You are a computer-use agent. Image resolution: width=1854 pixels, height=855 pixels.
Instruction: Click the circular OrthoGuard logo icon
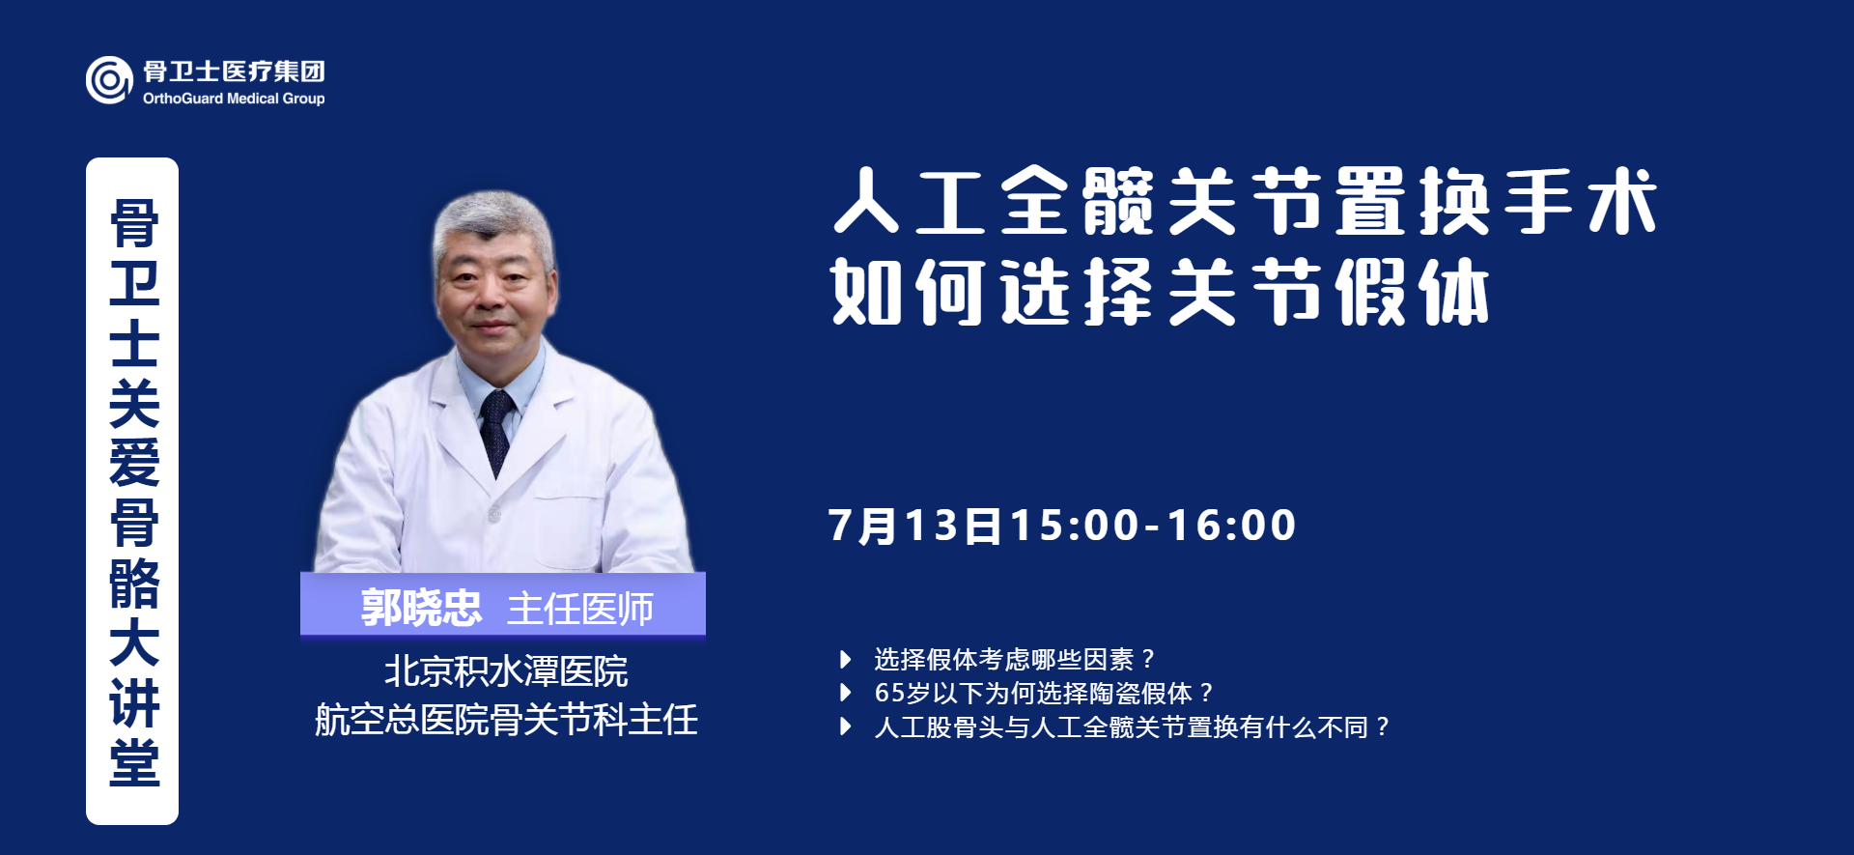[109, 80]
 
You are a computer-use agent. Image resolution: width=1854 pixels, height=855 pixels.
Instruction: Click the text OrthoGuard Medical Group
[234, 99]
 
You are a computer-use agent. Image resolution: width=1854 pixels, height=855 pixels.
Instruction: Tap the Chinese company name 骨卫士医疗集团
[234, 71]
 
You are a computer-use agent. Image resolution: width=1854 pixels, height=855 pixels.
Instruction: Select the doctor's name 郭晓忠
[421, 608]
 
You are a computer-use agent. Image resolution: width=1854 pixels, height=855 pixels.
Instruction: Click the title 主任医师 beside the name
[580, 609]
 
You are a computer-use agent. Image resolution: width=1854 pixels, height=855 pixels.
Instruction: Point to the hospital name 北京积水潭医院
[506, 671]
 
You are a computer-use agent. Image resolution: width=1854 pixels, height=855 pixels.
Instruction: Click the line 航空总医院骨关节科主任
[506, 720]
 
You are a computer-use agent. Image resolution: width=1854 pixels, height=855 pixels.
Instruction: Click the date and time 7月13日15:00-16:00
[1062, 526]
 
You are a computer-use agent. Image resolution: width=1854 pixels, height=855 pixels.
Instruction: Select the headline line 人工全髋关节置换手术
[1245, 201]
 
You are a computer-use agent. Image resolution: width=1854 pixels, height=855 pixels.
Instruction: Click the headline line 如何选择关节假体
[1160, 291]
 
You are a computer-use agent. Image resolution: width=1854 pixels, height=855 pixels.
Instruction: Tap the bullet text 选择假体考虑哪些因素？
[1015, 659]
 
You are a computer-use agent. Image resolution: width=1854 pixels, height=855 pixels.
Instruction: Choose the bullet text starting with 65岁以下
[1044, 693]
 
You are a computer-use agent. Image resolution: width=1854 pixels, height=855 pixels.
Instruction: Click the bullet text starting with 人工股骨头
[1132, 727]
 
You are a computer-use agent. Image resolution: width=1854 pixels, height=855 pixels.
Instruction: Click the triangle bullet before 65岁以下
[846, 693]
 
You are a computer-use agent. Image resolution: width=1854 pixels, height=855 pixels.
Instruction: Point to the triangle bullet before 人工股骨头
[846, 727]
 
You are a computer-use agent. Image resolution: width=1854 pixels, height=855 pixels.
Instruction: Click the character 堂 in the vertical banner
[133, 762]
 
